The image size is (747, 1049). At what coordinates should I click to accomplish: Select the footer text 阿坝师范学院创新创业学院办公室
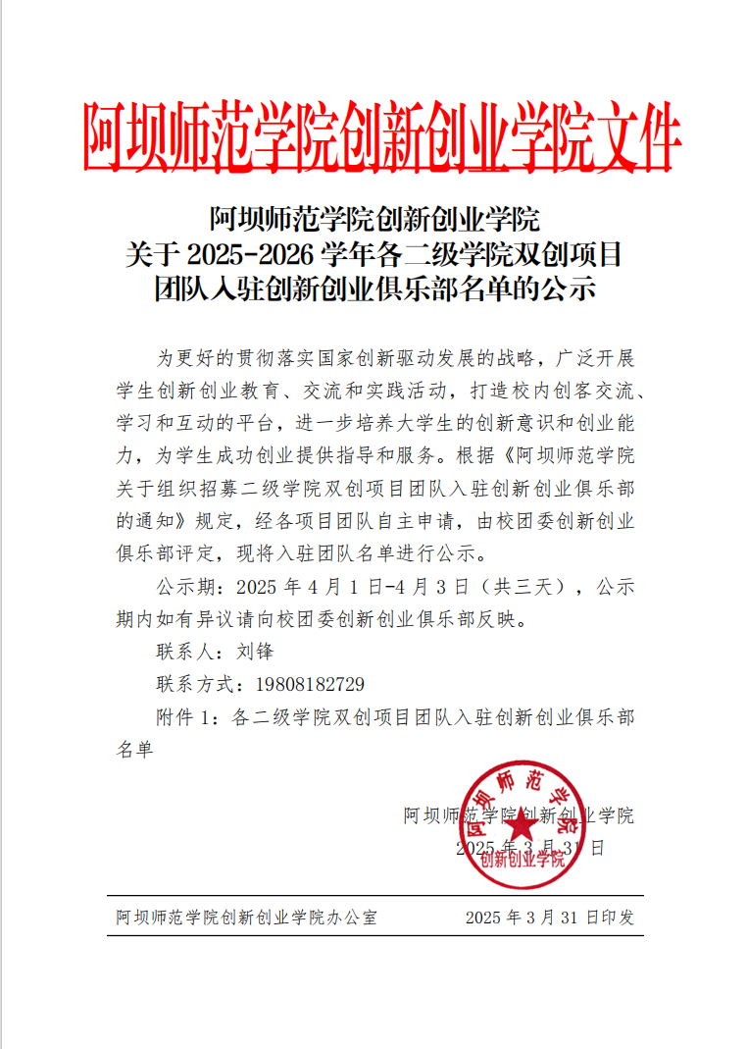click(246, 918)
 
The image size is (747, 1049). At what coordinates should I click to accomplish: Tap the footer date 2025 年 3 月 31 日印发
click(550, 918)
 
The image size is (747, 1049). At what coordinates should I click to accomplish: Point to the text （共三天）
click(530, 587)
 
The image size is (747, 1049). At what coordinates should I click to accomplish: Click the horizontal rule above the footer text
click(374, 896)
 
